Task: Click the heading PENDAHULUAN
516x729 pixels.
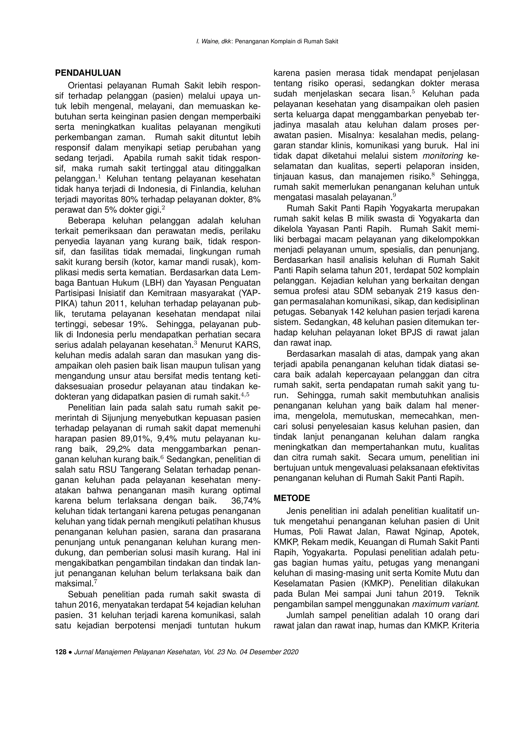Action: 88,73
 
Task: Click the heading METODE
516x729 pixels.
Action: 292,498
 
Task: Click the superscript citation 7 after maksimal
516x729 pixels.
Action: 96,582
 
